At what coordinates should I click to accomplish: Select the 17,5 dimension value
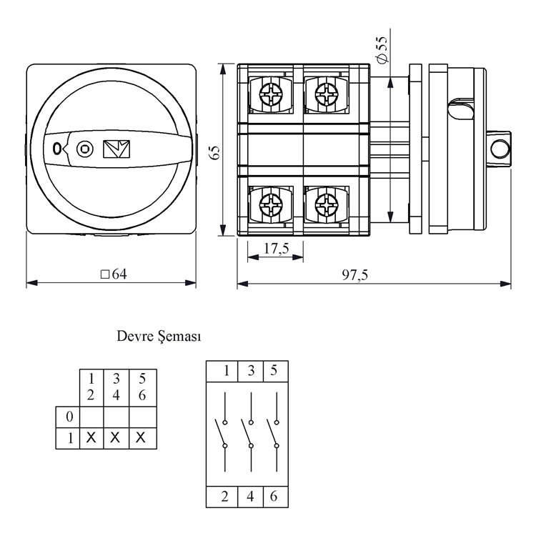pyautogui.click(x=276, y=249)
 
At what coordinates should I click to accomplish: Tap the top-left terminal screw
pyautogui.click(x=272, y=93)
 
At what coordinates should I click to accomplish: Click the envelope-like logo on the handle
pyautogui.click(x=116, y=148)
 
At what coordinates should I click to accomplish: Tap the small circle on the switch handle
pyautogui.click(x=85, y=149)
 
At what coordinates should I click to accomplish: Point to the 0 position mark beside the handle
pyautogui.click(x=56, y=149)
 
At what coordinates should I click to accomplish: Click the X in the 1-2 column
pyautogui.click(x=91, y=438)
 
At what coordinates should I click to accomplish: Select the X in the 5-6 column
pyautogui.click(x=142, y=438)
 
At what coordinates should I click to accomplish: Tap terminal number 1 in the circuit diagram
pyautogui.click(x=225, y=371)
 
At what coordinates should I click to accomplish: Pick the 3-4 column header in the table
pyautogui.click(x=116, y=386)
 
